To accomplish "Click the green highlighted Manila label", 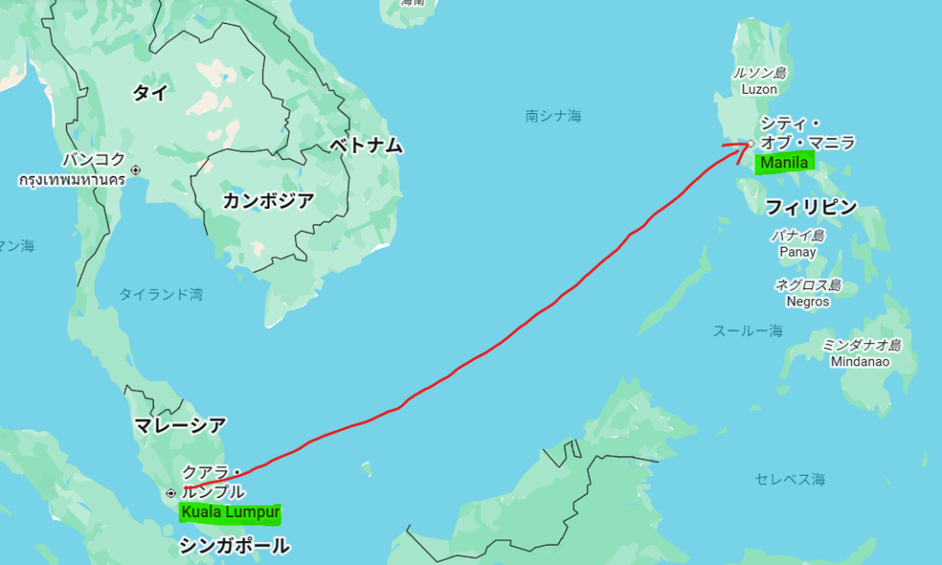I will click(x=784, y=163).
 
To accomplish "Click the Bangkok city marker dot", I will click(x=136, y=169).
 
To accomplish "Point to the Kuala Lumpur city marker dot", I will click(x=170, y=492).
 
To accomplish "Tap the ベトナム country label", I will click(x=366, y=145).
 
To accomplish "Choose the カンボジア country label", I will click(x=268, y=202).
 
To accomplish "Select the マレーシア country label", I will click(x=179, y=425).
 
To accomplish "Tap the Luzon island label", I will click(x=760, y=89).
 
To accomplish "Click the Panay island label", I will click(x=797, y=251).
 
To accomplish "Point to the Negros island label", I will click(x=808, y=301).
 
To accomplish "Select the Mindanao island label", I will click(x=860, y=361).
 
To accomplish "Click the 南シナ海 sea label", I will click(x=554, y=116).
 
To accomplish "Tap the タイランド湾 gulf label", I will click(x=161, y=294).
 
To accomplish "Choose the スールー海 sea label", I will click(x=748, y=330).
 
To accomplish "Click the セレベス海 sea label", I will click(x=790, y=479).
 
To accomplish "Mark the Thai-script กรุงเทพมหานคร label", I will click(x=72, y=180).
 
